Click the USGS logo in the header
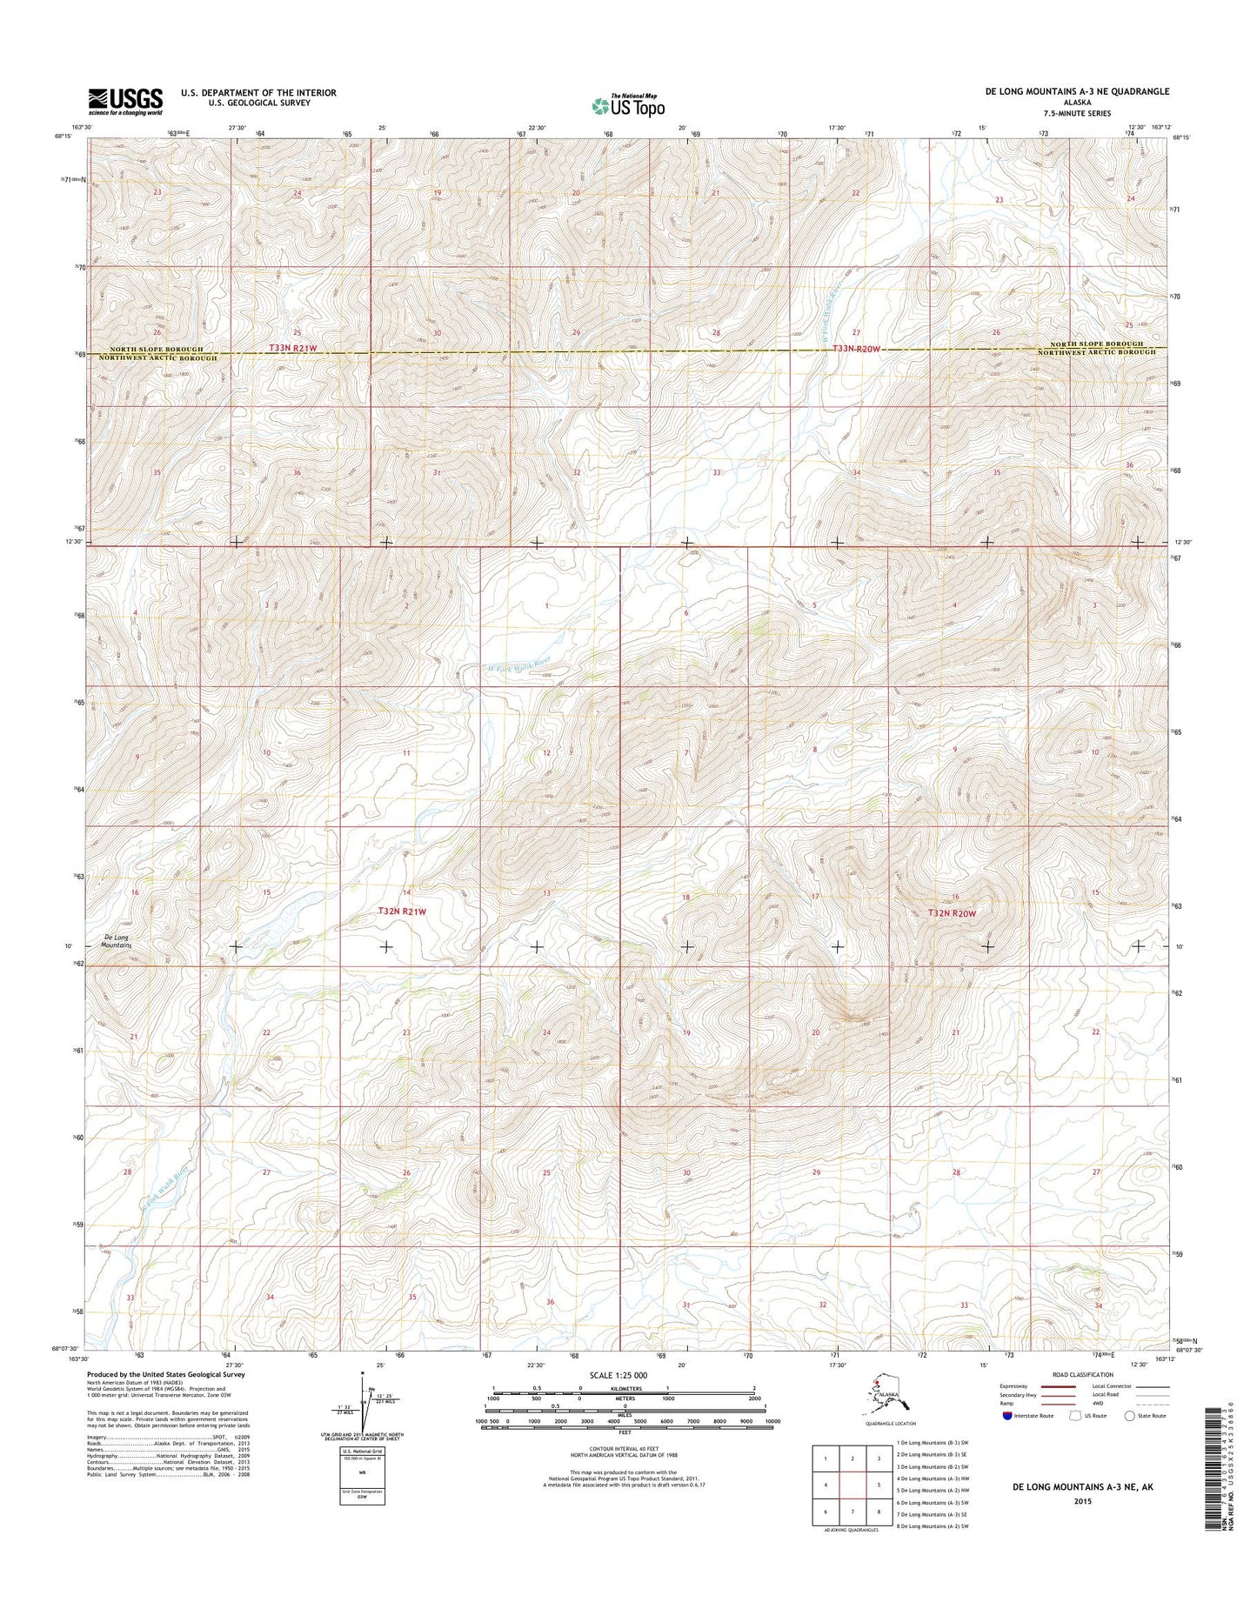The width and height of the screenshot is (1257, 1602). coord(124,102)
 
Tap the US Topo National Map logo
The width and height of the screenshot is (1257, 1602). coord(628,105)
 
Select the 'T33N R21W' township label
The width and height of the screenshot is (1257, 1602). coord(293,348)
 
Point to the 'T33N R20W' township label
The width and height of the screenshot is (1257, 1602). coord(853,349)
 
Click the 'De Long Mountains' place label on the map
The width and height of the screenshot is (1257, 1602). coord(117,941)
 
